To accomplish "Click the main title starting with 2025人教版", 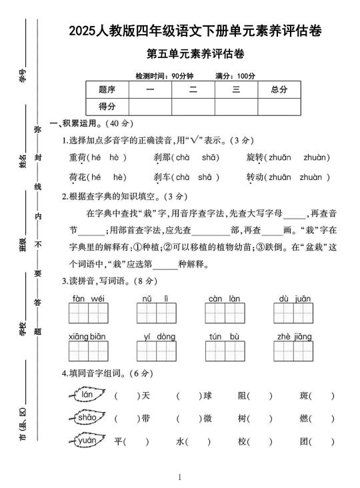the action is [204, 31].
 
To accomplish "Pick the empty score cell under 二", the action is [193, 107].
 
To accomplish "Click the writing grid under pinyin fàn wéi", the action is [89, 313].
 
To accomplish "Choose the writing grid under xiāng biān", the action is [89, 351].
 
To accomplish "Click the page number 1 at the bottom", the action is [180, 477].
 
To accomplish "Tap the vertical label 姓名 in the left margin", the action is [22, 161].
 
